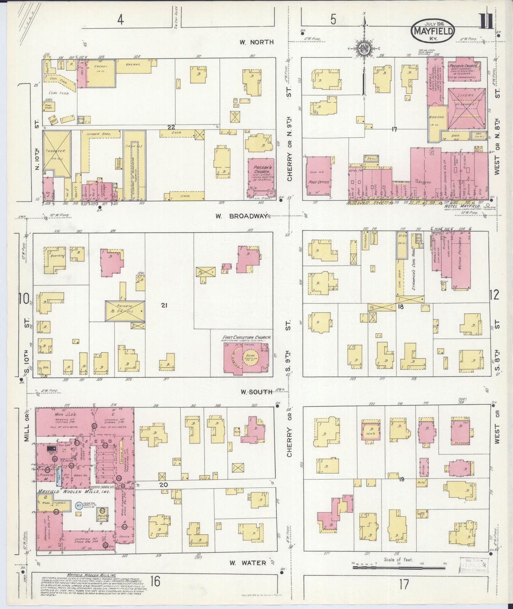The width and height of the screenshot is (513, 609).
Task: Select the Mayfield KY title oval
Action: pos(433,31)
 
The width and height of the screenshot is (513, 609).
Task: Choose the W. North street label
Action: pos(257,42)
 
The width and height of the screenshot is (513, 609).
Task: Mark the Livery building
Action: pos(466,108)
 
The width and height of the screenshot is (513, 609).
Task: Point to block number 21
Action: pos(164,305)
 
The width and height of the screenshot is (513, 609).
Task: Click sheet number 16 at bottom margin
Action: pos(155,582)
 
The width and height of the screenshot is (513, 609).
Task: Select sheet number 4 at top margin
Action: pos(121,20)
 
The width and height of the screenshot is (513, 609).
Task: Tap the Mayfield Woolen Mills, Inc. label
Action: pos(74,492)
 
